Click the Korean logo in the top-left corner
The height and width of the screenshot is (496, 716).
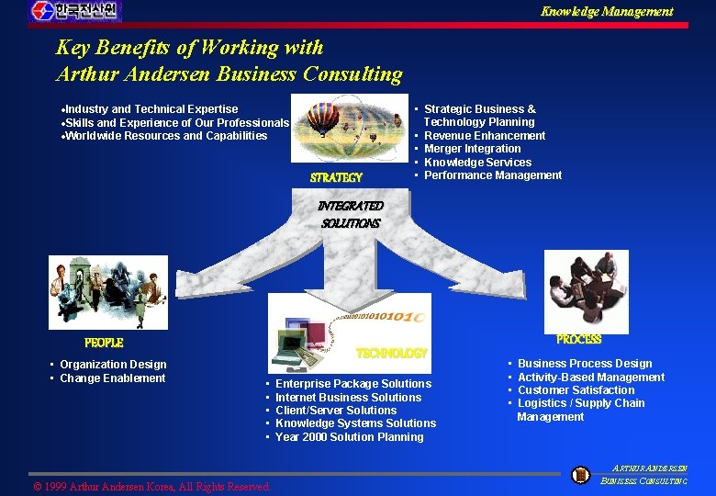tap(75, 11)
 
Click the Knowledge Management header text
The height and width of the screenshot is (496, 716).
tap(606, 11)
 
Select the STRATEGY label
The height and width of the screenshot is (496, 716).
tap(336, 177)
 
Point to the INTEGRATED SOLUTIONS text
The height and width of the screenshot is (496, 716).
tap(351, 214)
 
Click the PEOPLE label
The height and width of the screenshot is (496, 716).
tap(104, 343)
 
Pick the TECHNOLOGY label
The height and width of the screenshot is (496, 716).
tap(392, 353)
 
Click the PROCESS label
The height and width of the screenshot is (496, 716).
tap(579, 340)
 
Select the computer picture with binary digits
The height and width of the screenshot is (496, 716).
tap(349, 333)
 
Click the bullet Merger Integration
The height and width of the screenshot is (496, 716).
tap(472, 149)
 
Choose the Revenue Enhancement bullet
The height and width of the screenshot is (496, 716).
tap(485, 135)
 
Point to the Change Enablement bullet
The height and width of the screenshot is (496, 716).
tap(113, 378)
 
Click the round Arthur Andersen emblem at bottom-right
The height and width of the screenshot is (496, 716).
tap(580, 475)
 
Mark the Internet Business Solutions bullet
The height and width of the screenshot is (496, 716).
tap(348, 397)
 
